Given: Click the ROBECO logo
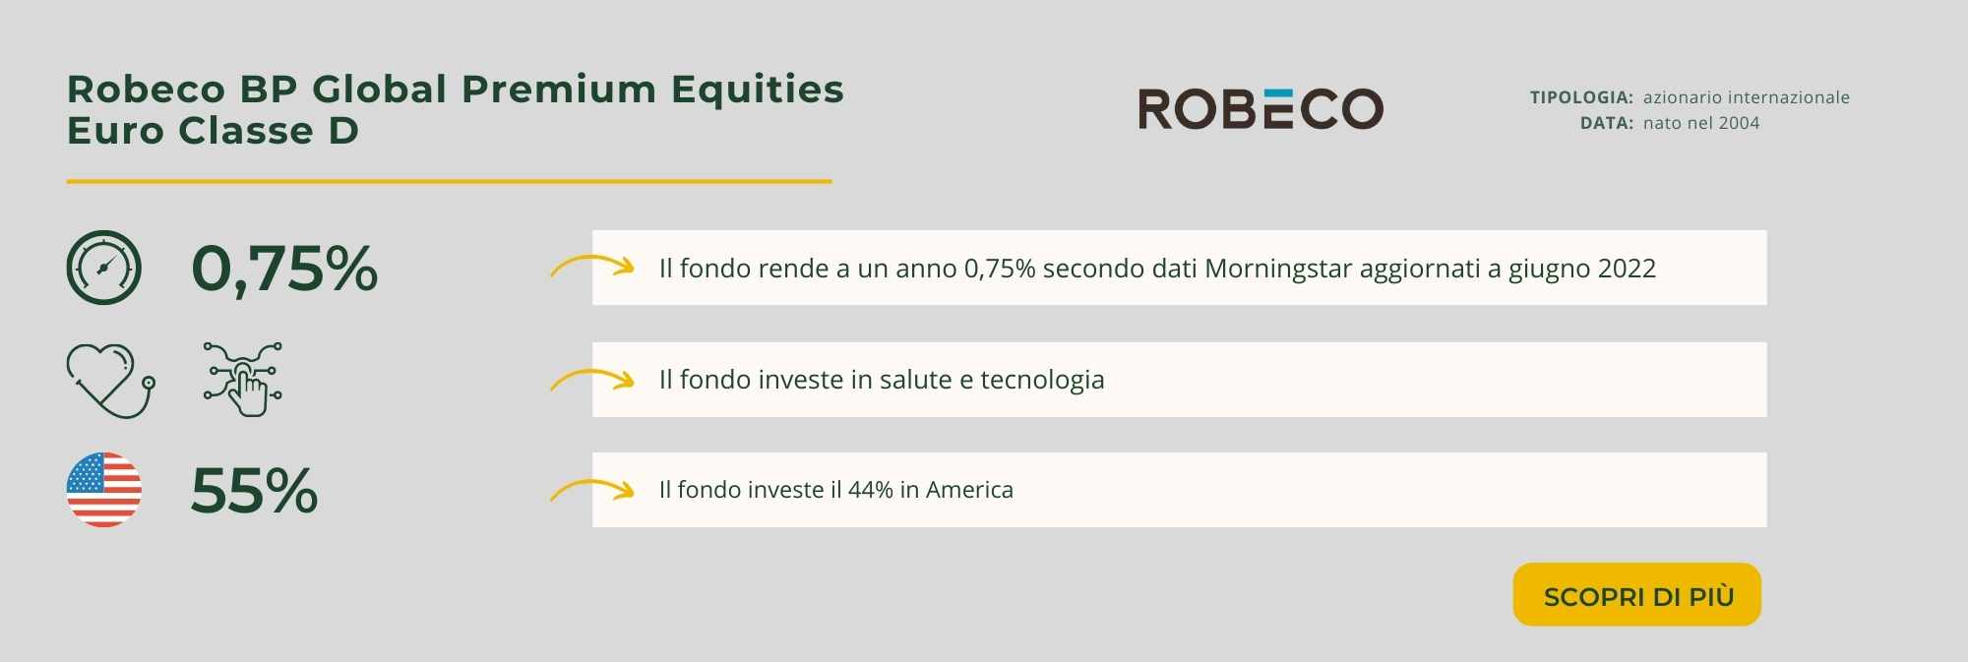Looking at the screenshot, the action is point(1261,108).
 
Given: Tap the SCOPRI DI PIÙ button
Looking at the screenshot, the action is point(1637,594).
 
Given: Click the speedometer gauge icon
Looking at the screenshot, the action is point(104,268).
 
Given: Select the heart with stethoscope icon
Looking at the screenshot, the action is point(110,380).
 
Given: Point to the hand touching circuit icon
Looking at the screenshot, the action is point(243,379).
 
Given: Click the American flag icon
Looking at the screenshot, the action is point(104,490).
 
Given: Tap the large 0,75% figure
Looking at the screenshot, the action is point(284,269).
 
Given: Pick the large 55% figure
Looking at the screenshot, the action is point(254,491).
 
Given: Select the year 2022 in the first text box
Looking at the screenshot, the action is point(1627,269).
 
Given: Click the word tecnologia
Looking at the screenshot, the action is point(1042,380).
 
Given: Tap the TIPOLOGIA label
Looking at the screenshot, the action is point(1581,97).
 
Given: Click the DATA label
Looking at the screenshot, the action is point(1607,123).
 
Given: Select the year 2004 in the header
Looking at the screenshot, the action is point(1739,123).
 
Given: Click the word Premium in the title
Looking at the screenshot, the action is point(559,90).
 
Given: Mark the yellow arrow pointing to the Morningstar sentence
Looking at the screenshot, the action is point(592,265).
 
